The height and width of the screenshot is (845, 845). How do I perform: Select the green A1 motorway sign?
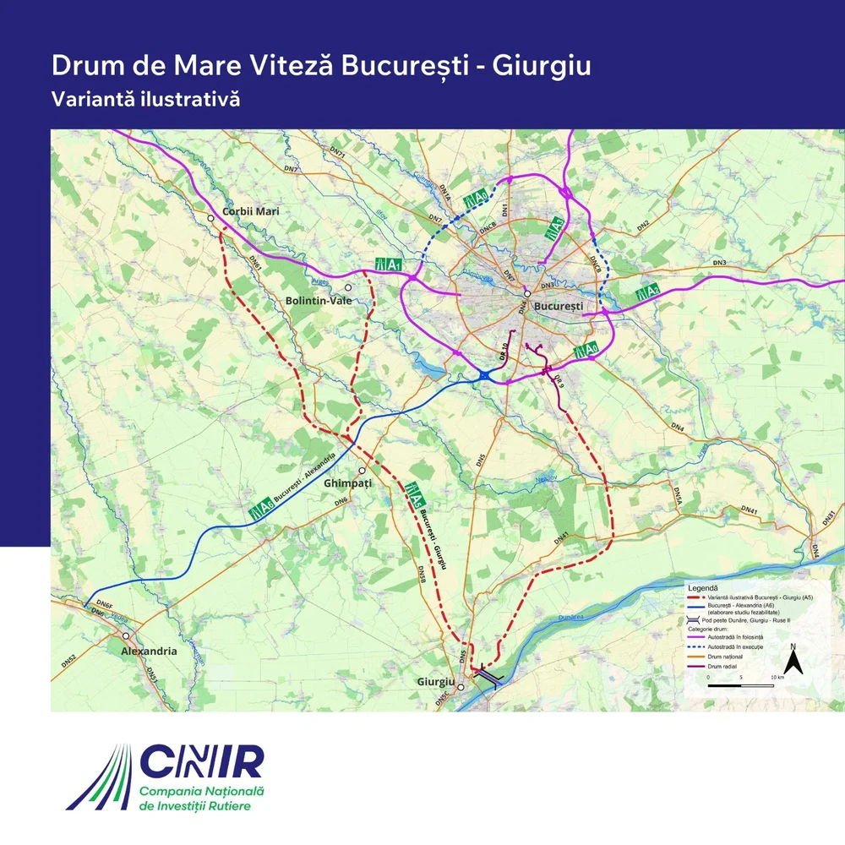387,265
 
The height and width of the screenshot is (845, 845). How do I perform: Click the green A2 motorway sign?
647,292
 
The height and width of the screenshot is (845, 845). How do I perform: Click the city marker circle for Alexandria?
126,635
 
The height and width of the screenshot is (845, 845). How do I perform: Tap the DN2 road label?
643,226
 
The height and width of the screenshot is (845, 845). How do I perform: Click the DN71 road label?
339,155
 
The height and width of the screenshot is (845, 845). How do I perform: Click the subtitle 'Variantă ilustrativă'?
146,98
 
